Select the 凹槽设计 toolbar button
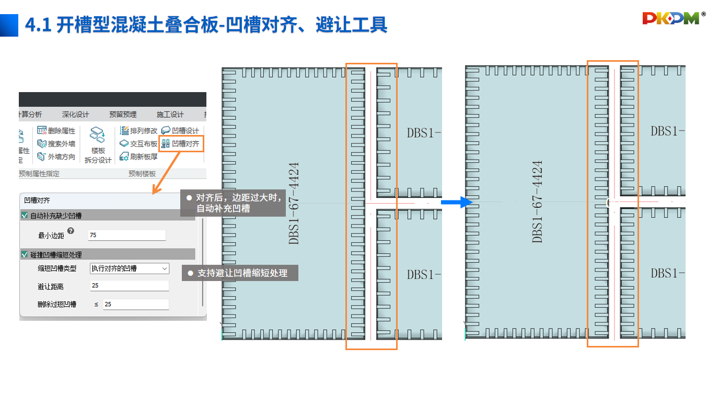180,130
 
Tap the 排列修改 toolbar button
138,130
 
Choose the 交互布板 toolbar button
138,143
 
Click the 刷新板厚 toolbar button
138,156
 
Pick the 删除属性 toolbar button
56,130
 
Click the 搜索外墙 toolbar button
56,143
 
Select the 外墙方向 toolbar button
56,156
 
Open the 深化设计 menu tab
75,115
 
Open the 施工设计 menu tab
170,115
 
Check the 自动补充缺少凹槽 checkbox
24,215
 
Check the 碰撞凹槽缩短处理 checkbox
24,255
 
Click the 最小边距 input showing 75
127,235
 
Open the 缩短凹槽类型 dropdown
130,268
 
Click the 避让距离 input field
130,286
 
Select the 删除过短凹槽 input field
135,304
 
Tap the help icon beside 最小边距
71,231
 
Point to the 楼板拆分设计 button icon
98,135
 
